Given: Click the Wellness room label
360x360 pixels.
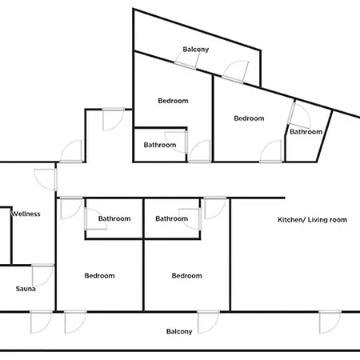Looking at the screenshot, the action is coord(26,214).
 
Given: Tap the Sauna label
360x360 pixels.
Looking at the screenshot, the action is coord(26,289).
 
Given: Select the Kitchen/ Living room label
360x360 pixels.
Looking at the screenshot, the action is coord(312,220).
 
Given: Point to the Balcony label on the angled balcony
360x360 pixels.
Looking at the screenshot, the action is coord(196,50).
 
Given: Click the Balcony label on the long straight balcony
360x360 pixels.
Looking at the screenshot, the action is coord(179,331).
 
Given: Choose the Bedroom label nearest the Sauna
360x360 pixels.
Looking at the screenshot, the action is coord(99,275).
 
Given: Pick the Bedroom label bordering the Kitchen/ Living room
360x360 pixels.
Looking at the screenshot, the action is coord(186,275).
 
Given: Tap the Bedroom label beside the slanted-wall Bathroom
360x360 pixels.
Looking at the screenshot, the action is coord(249,118).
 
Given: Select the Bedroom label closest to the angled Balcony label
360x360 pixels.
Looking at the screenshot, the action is coord(173,101).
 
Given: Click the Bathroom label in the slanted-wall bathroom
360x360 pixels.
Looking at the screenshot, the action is coord(306,132).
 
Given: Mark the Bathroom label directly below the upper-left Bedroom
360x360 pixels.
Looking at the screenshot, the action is coord(160,145).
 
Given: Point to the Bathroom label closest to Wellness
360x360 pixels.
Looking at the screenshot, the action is coord(114,218).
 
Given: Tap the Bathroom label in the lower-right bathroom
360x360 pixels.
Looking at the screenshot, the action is coord(172,218).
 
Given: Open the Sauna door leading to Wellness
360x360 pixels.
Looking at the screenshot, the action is coord(43,275).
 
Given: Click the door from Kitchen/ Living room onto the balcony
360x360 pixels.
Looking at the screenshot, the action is coord(330,322).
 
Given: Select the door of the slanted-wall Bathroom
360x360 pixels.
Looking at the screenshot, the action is coord(299,115).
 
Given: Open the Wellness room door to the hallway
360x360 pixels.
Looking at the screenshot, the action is coord(46,179).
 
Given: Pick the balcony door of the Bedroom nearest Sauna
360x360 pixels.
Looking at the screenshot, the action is coord(75,322).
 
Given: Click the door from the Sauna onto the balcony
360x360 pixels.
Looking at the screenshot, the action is coord(42,322).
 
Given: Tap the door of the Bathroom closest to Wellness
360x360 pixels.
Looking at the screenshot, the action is coord(96,219).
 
